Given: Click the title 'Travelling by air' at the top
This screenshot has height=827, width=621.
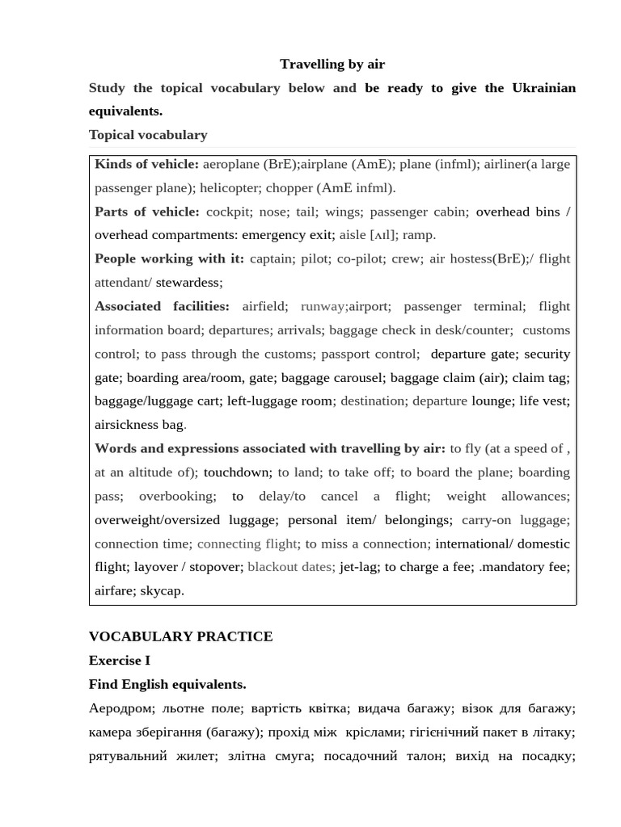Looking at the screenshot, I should tap(332, 64).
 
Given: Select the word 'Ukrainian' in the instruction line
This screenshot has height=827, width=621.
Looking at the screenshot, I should tap(543, 88).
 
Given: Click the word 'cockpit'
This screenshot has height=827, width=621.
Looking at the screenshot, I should tap(229, 212).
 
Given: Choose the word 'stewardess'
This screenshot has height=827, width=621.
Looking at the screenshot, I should tap(188, 283).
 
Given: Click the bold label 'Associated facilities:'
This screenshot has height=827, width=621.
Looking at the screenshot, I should tap(162, 306).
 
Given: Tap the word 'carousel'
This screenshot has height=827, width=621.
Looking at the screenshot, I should tap(357, 377).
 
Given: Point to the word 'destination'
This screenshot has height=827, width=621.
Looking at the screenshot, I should tap(373, 401).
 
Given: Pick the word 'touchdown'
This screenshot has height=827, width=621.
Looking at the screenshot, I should tap(236, 472).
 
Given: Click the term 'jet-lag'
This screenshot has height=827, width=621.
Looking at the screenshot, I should tap(358, 567).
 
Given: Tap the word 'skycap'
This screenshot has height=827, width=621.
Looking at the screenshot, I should tap(162, 590).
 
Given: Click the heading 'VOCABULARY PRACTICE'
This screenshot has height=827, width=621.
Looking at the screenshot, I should tap(180, 636).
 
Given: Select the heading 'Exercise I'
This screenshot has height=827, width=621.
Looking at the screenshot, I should tap(120, 661).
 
